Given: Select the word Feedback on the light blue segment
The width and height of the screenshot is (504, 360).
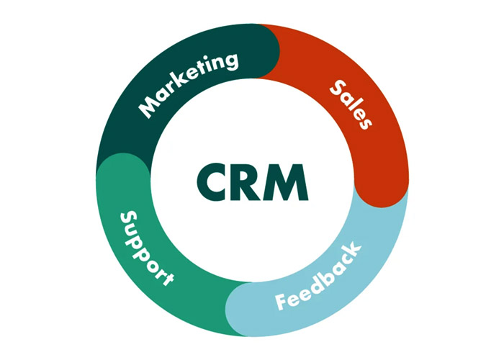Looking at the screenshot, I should (318, 276).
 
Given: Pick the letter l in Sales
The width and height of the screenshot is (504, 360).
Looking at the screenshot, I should (355, 108).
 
